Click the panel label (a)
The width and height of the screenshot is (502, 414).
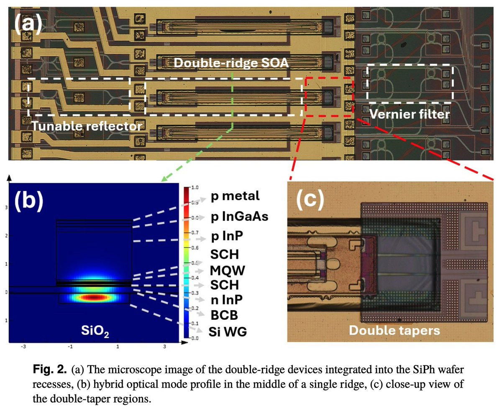(28, 24)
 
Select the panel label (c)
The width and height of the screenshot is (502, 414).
(310, 200)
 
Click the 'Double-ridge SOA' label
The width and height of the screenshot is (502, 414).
(233, 63)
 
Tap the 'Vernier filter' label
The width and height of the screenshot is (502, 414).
(409, 114)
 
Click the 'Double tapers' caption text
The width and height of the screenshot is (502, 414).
(394, 330)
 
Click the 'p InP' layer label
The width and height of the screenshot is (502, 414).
(227, 238)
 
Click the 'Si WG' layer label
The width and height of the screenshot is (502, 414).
(228, 332)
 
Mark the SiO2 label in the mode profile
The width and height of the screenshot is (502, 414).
(93, 331)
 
